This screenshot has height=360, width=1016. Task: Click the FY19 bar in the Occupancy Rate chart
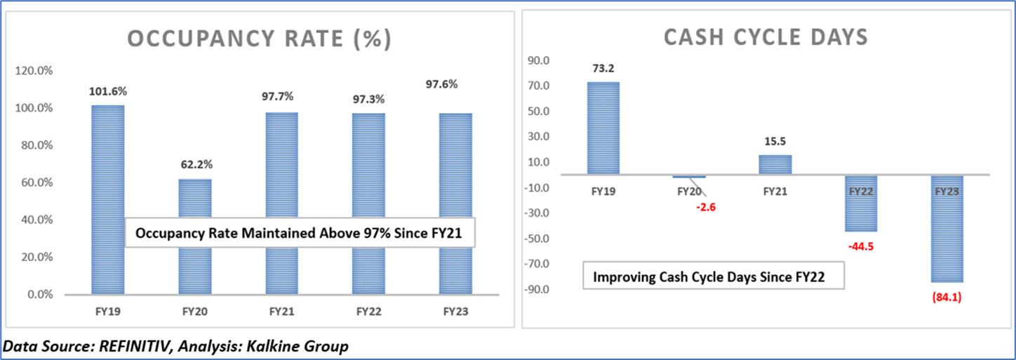108,199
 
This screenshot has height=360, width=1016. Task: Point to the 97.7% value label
282,95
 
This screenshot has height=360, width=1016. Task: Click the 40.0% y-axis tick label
34,220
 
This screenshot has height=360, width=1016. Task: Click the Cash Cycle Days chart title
766,38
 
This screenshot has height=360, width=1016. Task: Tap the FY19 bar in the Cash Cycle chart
603,128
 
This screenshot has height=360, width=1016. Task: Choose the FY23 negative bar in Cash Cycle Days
947,228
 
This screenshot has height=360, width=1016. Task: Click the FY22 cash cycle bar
861,204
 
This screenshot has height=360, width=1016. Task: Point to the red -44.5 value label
861,246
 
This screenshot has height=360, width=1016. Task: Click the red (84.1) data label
948,296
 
